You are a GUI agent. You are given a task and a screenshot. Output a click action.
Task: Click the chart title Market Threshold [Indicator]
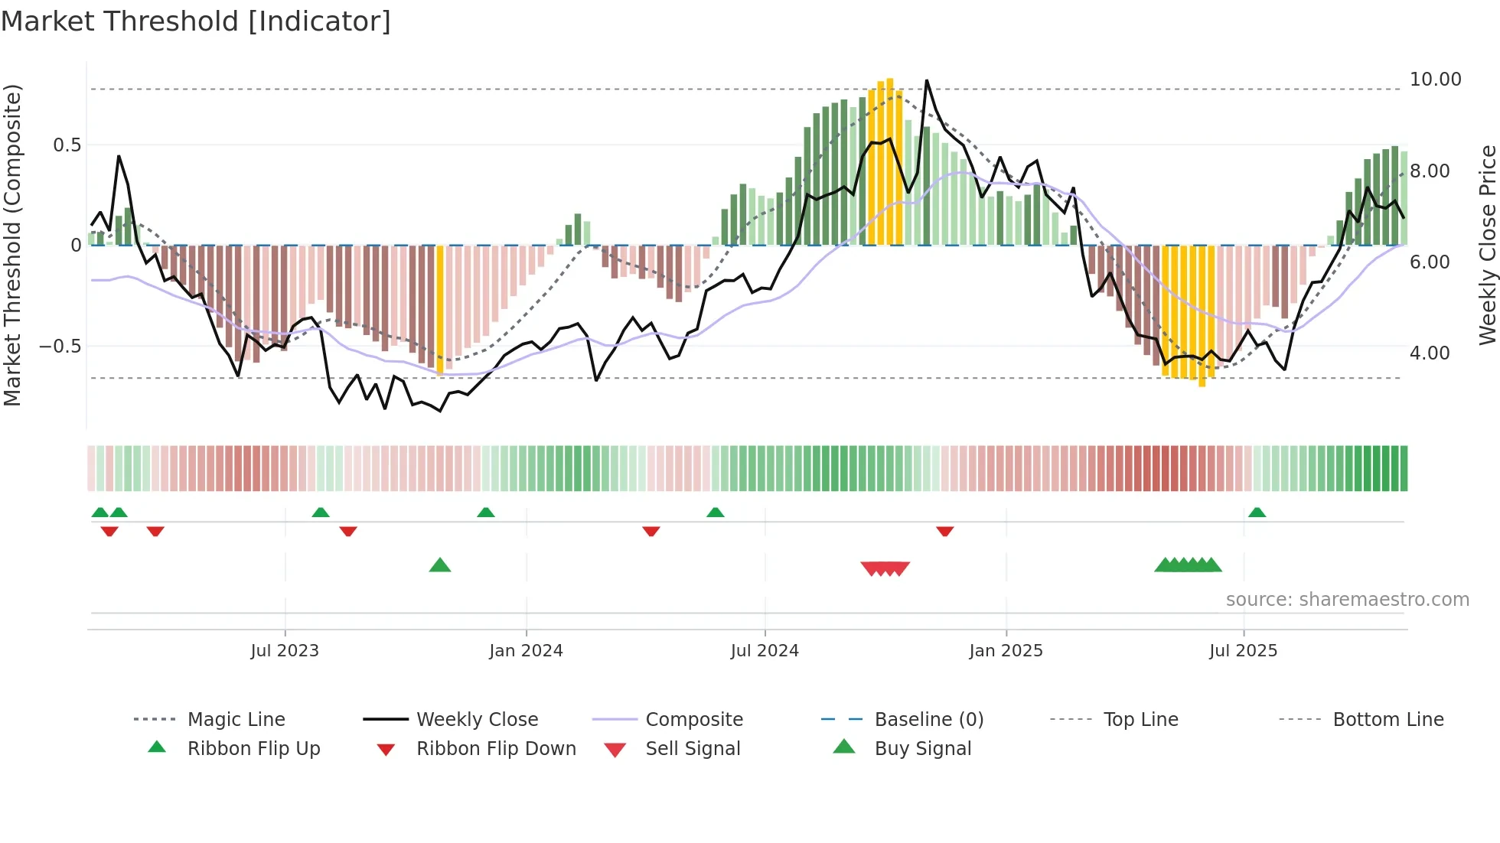[x=196, y=21]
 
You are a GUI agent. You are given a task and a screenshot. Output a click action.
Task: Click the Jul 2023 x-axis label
[x=285, y=650]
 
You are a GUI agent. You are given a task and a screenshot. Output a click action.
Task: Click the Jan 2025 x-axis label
[x=1006, y=650]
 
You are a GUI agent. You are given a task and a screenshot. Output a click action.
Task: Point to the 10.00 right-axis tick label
[x=1435, y=80]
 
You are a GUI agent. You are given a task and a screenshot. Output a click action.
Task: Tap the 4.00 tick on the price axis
[x=1429, y=353]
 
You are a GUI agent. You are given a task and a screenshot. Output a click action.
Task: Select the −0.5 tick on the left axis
[x=60, y=346]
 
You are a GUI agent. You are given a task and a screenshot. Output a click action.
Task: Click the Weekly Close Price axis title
[x=1487, y=245]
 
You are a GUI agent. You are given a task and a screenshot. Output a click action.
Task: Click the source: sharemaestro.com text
[x=1347, y=599]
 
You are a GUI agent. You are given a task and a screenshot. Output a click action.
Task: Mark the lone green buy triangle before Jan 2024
[x=440, y=565]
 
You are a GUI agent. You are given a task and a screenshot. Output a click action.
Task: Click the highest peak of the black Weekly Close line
[x=927, y=80]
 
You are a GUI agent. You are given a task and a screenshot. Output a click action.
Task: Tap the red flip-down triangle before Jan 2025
[x=945, y=531]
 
